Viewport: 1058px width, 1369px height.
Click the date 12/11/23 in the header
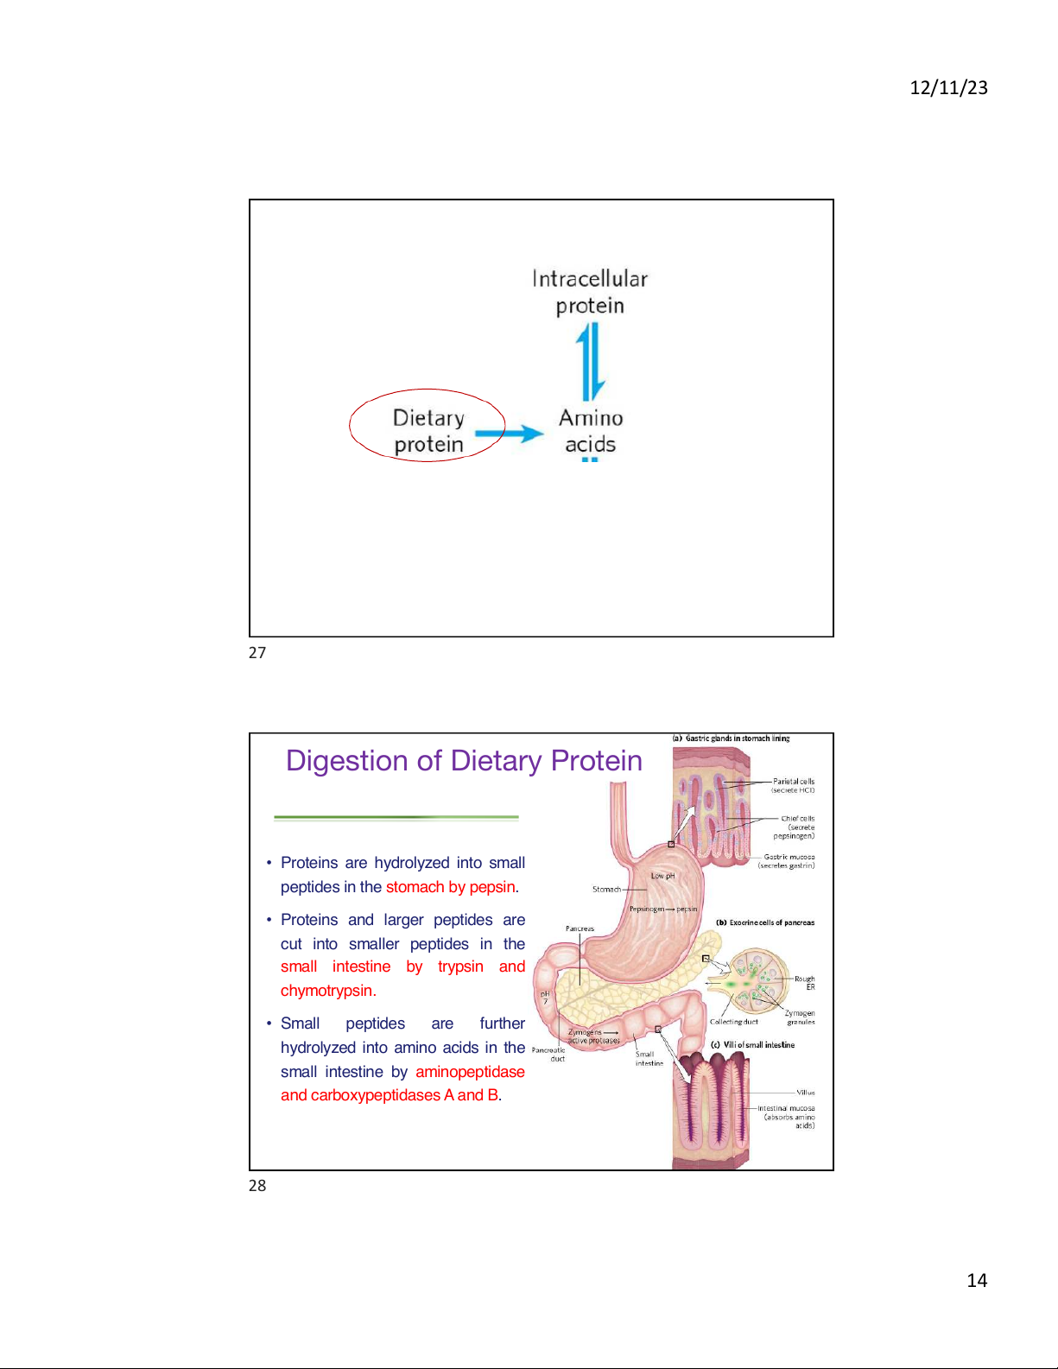coord(948,87)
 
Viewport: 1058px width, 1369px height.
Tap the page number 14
coord(977,1280)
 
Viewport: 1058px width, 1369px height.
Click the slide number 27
coord(257,653)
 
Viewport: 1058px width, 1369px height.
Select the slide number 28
coord(257,1186)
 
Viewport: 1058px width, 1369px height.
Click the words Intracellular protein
coord(590,292)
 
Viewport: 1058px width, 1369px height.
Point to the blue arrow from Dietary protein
coord(509,434)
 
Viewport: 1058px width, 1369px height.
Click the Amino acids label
coord(591,431)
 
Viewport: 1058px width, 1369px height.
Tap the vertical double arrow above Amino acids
coord(591,361)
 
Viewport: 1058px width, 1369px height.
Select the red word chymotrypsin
coord(328,991)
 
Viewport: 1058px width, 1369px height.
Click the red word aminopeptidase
coord(470,1072)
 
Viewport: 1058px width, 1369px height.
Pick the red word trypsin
coord(460,967)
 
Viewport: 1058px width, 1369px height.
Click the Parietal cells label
coord(793,785)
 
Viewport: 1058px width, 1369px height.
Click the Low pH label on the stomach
coord(662,876)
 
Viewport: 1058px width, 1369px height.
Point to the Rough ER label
coord(805,983)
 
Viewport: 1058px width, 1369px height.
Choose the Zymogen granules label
coord(800,1017)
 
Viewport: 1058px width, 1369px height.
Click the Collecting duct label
coord(733,1022)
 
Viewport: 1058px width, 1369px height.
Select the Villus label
coord(805,1093)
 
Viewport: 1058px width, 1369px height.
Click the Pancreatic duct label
coord(548,1054)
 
